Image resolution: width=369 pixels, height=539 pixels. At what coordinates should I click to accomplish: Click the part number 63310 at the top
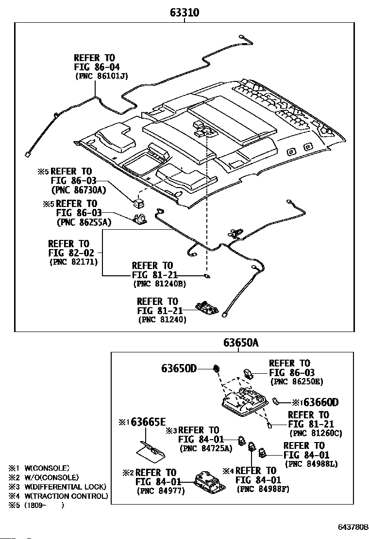click(x=184, y=13)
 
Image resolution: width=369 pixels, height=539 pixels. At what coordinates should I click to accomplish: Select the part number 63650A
click(x=241, y=343)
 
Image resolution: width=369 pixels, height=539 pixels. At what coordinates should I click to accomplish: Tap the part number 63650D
click(x=179, y=368)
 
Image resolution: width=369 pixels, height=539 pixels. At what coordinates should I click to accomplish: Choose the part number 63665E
click(x=148, y=422)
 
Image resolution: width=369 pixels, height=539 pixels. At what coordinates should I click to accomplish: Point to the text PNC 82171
click(x=74, y=262)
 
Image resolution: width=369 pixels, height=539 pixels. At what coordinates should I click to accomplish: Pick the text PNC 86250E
click(x=297, y=381)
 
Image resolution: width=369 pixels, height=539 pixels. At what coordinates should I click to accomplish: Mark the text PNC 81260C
click(x=316, y=433)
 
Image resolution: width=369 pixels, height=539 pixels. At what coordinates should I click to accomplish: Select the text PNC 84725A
click(x=206, y=448)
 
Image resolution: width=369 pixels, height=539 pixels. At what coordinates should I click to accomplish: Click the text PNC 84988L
click(x=311, y=464)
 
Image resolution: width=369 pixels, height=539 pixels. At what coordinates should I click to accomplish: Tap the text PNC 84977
click(x=161, y=491)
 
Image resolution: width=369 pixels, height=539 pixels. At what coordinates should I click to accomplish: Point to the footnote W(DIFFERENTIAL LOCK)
click(x=66, y=487)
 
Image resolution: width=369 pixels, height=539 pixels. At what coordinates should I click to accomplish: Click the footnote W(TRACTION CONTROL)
click(x=66, y=496)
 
